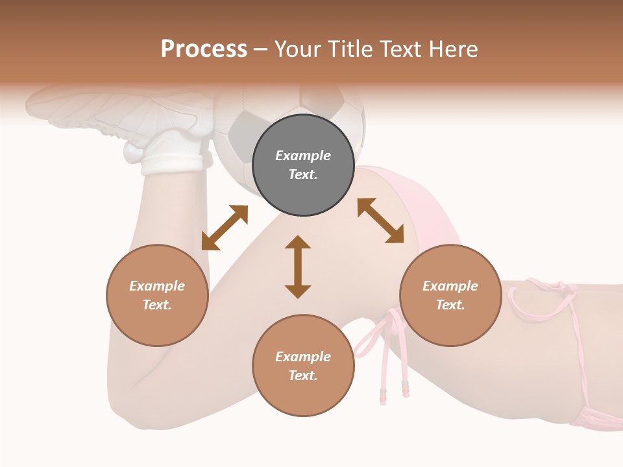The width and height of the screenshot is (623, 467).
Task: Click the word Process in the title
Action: click(x=204, y=49)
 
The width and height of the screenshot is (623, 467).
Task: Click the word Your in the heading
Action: click(x=298, y=49)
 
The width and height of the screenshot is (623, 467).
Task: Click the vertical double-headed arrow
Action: click(x=298, y=267)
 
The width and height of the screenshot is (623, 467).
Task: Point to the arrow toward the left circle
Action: click(x=225, y=228)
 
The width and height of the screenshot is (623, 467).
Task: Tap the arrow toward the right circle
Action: click(x=381, y=221)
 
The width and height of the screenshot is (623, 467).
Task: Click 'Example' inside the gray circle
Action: click(x=303, y=156)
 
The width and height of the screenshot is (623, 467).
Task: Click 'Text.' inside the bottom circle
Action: click(x=303, y=376)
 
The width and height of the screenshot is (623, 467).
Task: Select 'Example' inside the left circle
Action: click(x=157, y=286)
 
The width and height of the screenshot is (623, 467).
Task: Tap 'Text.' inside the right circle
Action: click(x=450, y=305)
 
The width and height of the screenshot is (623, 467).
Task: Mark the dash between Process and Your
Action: click(x=260, y=50)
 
